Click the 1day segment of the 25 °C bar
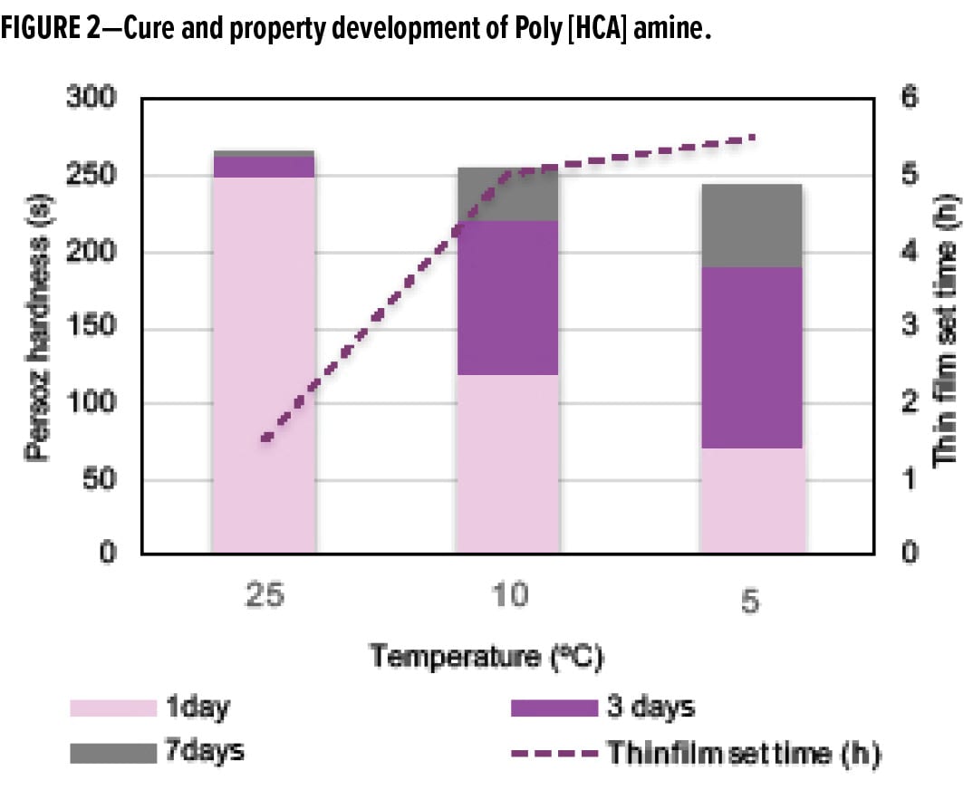[x=264, y=362]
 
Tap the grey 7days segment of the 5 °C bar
[x=751, y=226]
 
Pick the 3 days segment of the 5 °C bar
[x=751, y=357]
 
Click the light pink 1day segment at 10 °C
[x=506, y=462]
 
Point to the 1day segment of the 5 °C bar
[x=751, y=499]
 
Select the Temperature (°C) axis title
[x=486, y=657]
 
